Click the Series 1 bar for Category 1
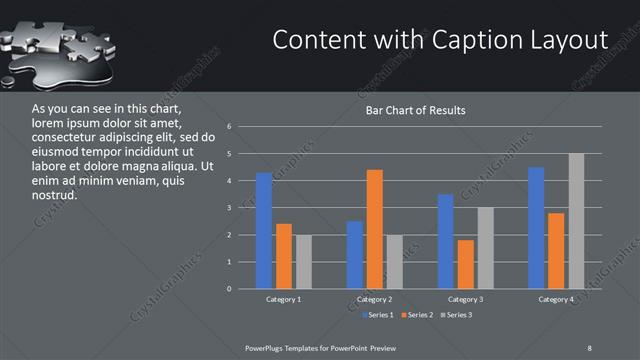264,231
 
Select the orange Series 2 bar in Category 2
375,229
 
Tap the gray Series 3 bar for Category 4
576,221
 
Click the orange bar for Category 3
466,264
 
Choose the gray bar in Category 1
304,262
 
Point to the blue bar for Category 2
355,255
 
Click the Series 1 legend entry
377,316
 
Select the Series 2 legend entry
417,316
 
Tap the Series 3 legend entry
457,316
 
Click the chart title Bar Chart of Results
416,110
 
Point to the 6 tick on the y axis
229,127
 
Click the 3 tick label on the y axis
229,208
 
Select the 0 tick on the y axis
229,289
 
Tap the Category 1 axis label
284,299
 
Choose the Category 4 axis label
556,299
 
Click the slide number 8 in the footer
590,347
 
